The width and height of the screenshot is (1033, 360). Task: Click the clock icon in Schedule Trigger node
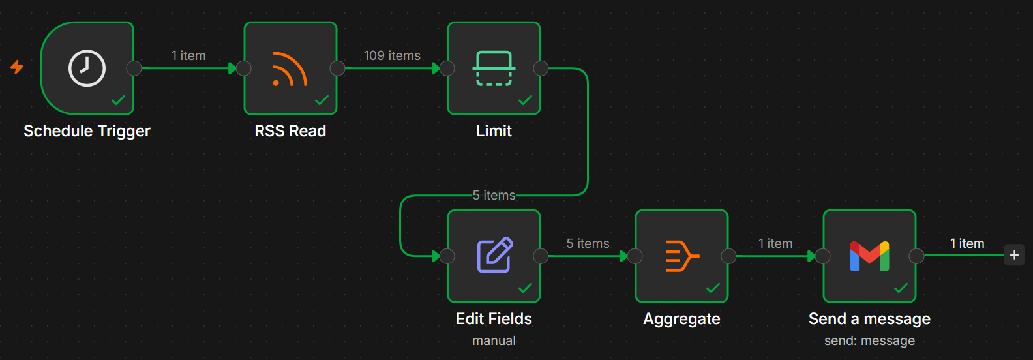(x=87, y=68)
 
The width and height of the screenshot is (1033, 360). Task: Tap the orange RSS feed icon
(x=290, y=69)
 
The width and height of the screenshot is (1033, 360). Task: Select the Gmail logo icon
(x=869, y=256)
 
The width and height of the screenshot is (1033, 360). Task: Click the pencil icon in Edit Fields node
(x=494, y=255)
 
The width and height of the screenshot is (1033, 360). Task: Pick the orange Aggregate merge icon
(x=682, y=256)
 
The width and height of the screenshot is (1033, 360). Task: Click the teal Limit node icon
(x=494, y=68)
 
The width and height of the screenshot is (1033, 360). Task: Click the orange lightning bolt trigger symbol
(x=16, y=67)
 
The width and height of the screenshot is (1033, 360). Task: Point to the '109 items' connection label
(x=392, y=56)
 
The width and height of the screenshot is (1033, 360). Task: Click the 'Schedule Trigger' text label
(x=87, y=131)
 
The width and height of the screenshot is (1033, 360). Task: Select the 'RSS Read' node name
(x=291, y=131)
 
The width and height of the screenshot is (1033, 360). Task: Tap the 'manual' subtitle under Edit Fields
(x=494, y=340)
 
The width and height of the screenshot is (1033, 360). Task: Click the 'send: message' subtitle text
(x=869, y=340)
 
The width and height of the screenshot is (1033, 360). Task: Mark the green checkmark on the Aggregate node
(x=713, y=288)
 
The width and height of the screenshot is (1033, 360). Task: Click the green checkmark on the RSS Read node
(x=322, y=100)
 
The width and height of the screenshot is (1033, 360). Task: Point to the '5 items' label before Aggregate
(x=588, y=243)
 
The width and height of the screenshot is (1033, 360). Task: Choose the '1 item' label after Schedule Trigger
(x=188, y=56)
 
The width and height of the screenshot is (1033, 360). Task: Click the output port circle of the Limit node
(x=541, y=68)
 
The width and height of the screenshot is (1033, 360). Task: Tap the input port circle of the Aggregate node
(x=635, y=256)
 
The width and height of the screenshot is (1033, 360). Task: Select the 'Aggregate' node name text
(x=681, y=319)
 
